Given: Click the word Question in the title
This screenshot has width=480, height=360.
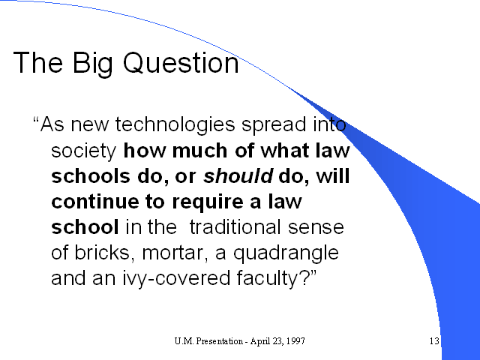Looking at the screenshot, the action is click(181, 63).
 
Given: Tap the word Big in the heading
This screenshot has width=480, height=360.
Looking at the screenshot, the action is click(93, 64).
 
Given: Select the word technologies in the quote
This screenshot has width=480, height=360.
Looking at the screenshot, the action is click(175, 125).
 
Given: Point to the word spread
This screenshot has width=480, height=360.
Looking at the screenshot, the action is click(274, 125).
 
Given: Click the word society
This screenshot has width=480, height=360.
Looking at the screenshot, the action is click(83, 151).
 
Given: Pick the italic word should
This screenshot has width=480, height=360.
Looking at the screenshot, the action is click(238, 176).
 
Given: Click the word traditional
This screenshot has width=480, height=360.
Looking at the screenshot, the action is click(235, 227).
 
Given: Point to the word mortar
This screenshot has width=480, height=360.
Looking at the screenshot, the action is click(175, 253).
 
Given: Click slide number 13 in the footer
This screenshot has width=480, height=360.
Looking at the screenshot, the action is click(434, 341).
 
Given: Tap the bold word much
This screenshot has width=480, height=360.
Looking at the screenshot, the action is click(200, 151).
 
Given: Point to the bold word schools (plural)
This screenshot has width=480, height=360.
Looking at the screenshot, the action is click(91, 176).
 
